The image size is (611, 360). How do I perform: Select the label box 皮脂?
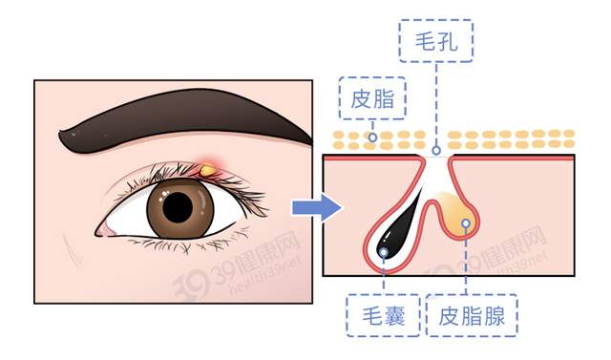pos(373,99)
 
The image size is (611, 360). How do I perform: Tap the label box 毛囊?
pos(383,317)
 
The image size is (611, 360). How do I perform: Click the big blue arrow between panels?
pos(326,205)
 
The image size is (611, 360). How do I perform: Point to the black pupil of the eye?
pos(179,205)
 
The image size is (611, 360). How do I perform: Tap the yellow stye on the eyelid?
pos(207,170)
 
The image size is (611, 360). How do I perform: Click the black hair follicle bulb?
pos(391,240)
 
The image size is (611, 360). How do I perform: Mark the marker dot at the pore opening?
pos(436,150)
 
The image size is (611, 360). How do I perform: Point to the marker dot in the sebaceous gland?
pos(465,223)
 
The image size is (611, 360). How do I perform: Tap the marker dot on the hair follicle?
pos(383,252)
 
